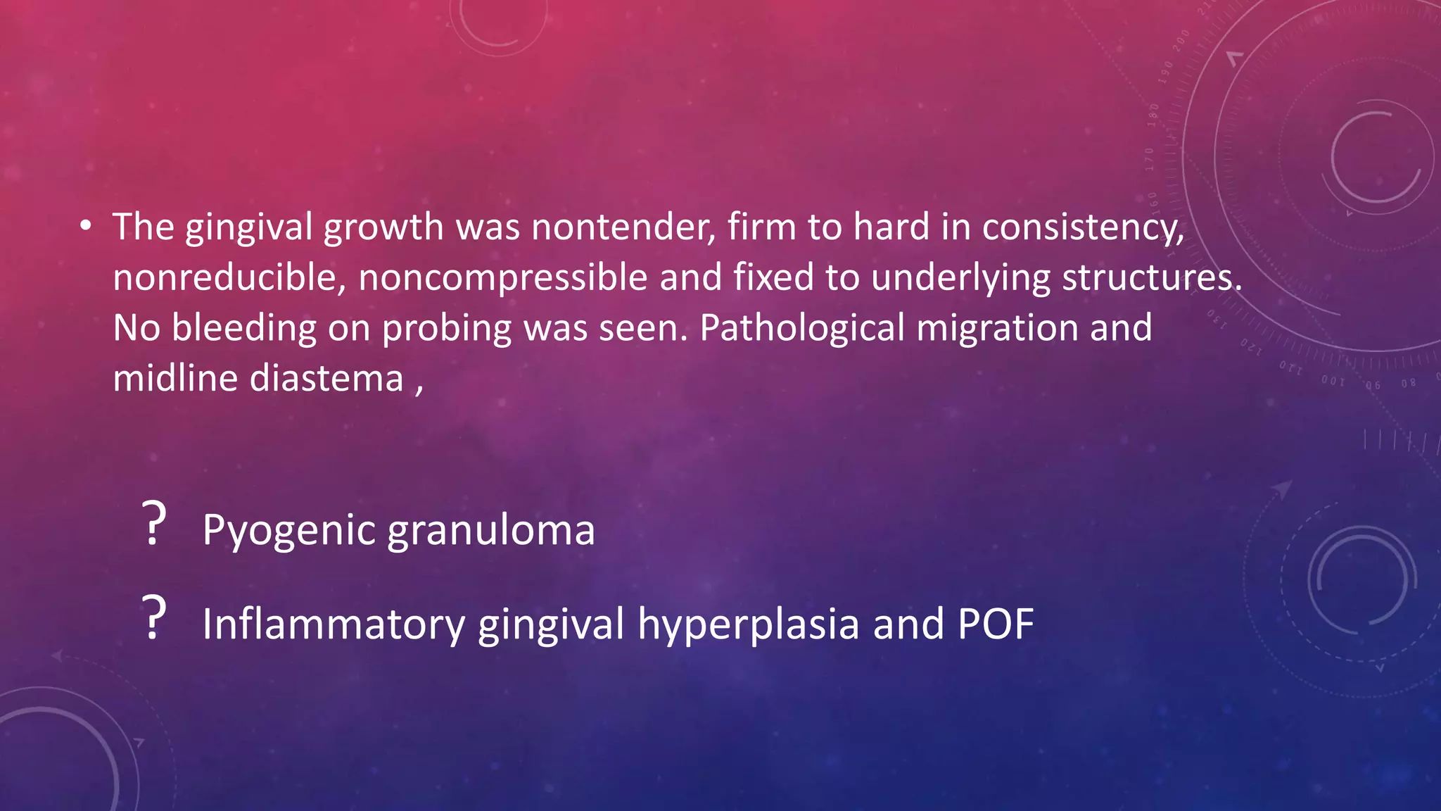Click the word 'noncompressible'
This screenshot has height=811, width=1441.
click(x=502, y=277)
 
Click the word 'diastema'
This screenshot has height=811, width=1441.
click(x=326, y=379)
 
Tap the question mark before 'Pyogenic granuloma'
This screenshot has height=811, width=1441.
click(x=153, y=524)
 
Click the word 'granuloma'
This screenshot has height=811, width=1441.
click(x=490, y=531)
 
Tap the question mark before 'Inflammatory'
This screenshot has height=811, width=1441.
click(x=153, y=618)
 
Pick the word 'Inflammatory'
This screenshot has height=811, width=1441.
click(x=334, y=624)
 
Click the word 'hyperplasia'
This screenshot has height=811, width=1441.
click(x=748, y=624)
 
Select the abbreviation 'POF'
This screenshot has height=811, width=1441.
click(x=995, y=624)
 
